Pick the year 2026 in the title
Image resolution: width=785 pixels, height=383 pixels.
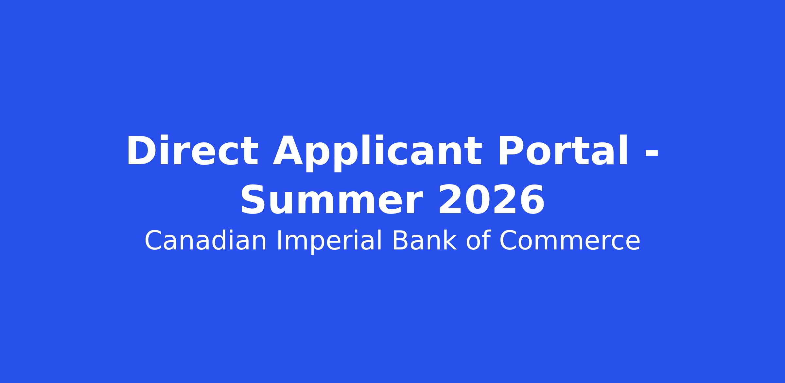pos(491,199)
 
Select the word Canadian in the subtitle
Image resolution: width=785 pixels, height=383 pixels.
pos(205,241)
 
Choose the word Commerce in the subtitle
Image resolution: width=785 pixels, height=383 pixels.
pos(569,241)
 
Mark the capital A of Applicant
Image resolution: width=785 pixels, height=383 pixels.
pos(289,151)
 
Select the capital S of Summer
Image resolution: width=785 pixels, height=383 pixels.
pos(254,199)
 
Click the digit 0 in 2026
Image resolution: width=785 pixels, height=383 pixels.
pos(478,199)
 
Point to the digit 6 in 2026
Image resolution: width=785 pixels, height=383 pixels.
pos(532,199)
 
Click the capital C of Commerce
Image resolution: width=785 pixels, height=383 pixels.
pos(508,241)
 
